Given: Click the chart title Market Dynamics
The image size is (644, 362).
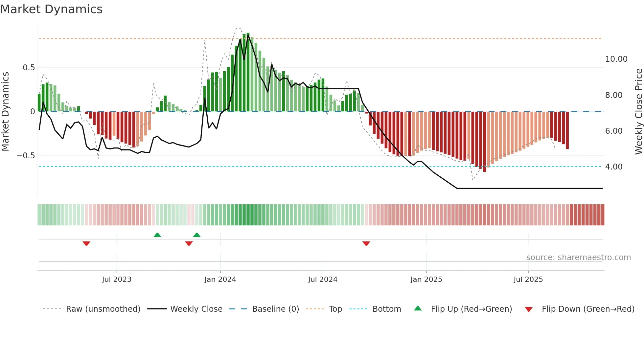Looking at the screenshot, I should [52, 9].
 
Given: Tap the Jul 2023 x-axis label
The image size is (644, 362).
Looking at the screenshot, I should [117, 280].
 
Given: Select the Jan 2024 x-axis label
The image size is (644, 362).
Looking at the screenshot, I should [220, 280].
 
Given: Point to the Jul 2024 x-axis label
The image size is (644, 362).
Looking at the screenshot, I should [323, 280].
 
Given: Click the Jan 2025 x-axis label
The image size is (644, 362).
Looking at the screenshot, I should [426, 280].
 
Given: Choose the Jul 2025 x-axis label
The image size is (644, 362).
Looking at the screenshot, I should [528, 280].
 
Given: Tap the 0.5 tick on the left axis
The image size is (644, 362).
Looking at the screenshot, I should [29, 68].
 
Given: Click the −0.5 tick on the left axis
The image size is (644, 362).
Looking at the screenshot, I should [26, 156].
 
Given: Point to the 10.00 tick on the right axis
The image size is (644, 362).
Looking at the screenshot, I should [616, 59].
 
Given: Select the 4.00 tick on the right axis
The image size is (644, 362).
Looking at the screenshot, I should [614, 167].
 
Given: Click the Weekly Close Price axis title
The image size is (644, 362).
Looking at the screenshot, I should [639, 111].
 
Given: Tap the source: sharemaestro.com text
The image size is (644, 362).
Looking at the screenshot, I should [578, 258].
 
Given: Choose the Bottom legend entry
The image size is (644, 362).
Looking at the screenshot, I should [386, 309].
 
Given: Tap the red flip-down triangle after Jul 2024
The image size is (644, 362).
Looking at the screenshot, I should [366, 243].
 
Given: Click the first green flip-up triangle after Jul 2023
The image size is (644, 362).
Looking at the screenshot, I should [157, 235].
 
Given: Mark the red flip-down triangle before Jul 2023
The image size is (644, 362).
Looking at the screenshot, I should [86, 243].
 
